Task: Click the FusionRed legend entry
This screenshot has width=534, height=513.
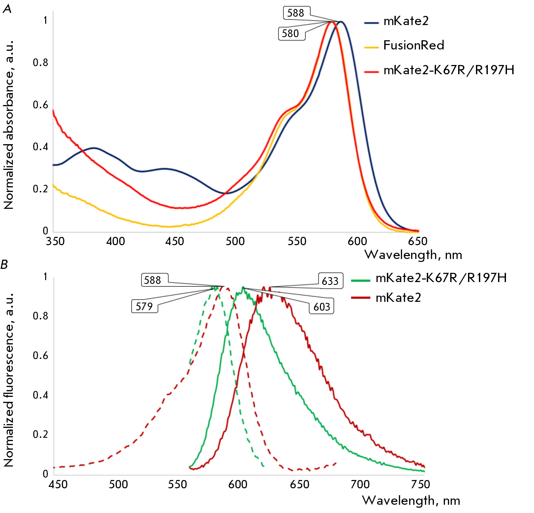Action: point(414,45)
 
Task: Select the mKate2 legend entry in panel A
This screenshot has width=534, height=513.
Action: point(406,21)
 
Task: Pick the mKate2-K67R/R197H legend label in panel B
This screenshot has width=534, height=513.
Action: point(441,278)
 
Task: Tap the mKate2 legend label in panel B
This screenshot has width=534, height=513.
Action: point(398,298)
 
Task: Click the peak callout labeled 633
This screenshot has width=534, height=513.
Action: point(330,281)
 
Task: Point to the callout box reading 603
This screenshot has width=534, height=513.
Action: point(322,307)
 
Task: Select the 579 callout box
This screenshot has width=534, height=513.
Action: point(144,306)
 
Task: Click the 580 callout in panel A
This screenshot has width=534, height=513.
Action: point(291,34)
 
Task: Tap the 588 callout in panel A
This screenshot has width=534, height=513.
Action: point(296,13)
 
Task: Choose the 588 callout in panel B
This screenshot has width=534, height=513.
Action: point(153,280)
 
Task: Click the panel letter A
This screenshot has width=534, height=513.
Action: point(7,9)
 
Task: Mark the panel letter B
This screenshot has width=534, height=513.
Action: point(4,265)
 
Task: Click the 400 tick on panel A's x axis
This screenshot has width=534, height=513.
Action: point(115,241)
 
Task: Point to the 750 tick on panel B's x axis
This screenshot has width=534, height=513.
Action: point(421,484)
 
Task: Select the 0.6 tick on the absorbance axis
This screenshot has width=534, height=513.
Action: point(40,105)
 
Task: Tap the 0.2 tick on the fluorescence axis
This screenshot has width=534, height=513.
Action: point(40,434)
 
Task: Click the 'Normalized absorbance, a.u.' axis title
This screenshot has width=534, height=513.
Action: point(9,125)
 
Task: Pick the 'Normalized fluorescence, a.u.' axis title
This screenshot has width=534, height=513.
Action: point(9,379)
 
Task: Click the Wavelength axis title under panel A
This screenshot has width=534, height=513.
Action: point(413,255)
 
